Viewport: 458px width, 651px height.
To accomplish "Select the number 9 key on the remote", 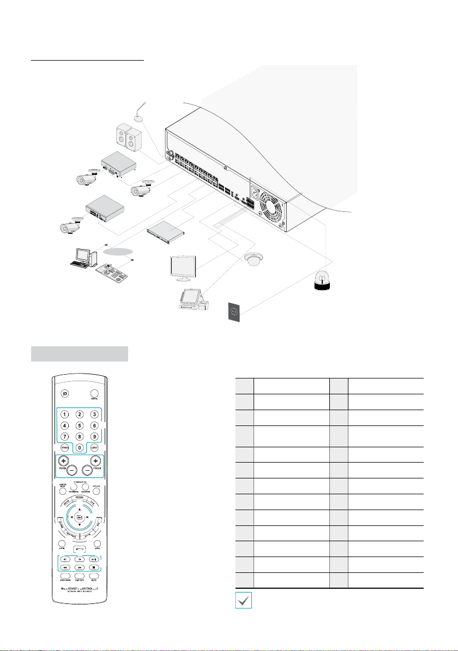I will pos(94,436).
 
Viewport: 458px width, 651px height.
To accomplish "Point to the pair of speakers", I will pos(130,137).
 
